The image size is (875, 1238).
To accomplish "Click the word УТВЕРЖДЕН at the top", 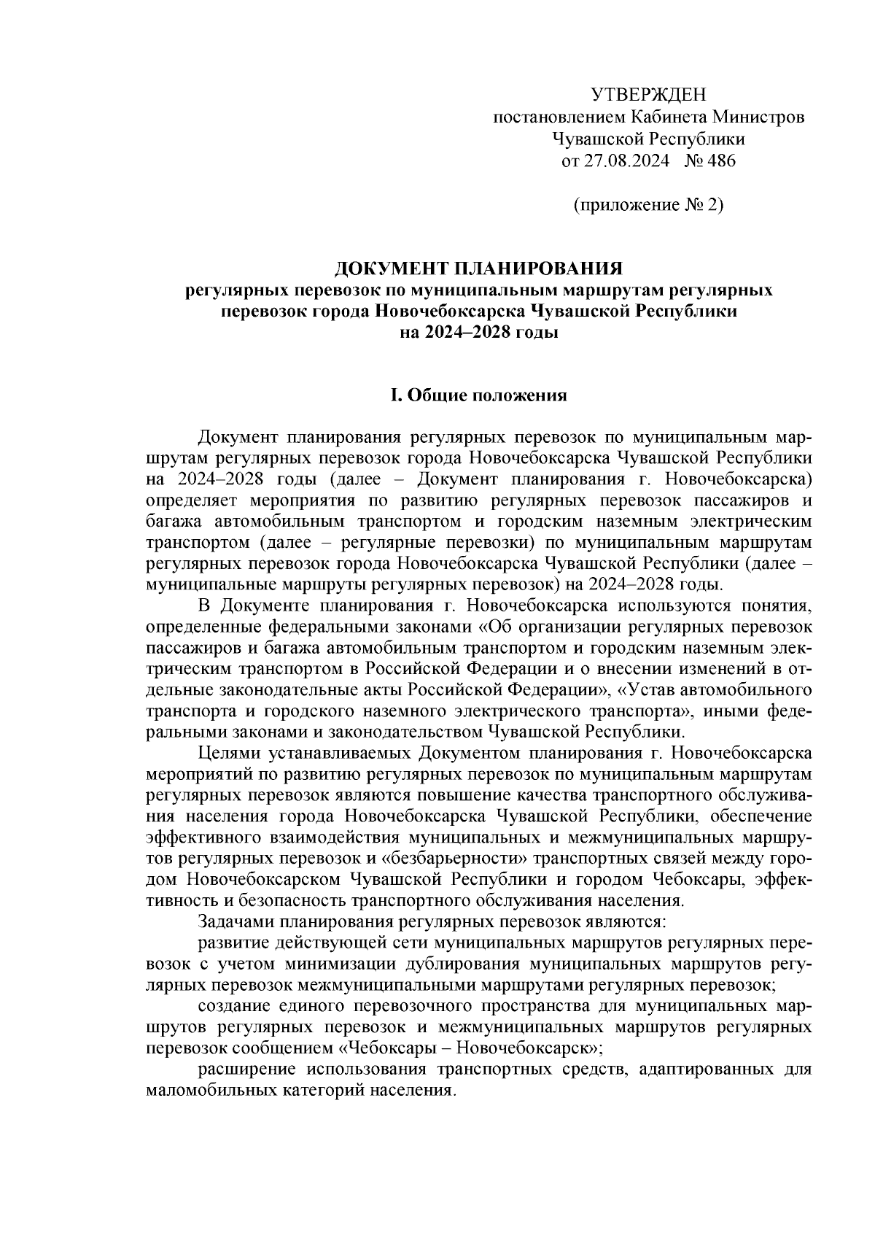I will coord(649,95).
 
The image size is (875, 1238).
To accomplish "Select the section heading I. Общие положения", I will coord(479,395).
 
